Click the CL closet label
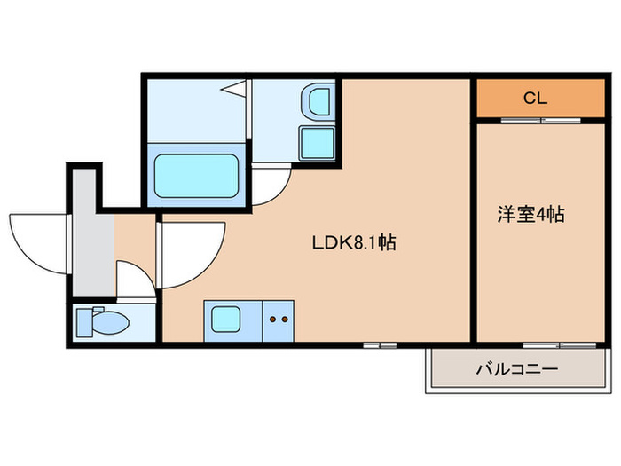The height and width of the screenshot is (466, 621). [x=534, y=98]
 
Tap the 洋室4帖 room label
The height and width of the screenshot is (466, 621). [x=531, y=214]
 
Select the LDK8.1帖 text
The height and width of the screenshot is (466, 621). [x=352, y=242]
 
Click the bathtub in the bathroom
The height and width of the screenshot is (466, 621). [x=196, y=176]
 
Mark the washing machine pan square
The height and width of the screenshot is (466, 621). [x=316, y=142]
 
